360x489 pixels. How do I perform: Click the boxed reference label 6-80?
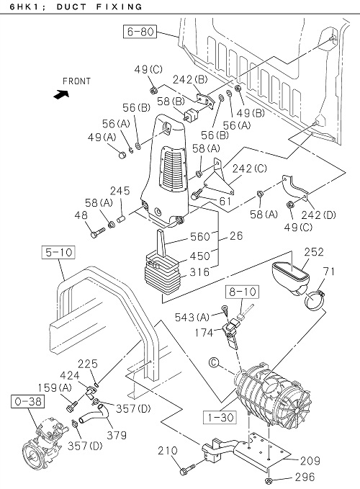click(140, 32)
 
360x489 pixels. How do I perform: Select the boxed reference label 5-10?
click(58, 252)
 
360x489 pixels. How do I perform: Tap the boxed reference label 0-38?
click(28, 401)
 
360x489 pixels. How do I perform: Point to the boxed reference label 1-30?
click(220, 417)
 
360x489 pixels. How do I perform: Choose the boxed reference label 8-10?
click(243, 292)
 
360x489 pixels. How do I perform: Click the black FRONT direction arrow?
click(61, 94)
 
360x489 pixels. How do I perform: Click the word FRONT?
click(76, 81)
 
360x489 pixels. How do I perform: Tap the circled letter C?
click(214, 362)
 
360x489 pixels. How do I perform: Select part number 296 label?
click(305, 477)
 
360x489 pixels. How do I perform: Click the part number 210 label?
click(168, 451)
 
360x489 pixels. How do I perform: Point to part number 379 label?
click(117, 435)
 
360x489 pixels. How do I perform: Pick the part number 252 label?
click(314, 251)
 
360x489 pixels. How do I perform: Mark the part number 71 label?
click(328, 272)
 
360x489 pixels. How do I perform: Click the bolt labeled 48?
click(98, 233)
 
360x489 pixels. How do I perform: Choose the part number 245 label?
click(120, 191)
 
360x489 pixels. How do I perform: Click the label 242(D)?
click(318, 215)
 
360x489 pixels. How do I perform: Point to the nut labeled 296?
click(269, 480)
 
